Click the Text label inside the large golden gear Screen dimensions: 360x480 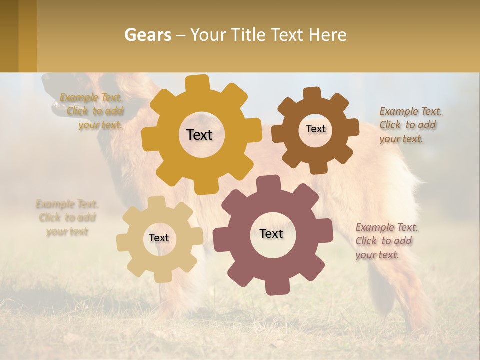[x=199, y=135]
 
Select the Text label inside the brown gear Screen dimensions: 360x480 [x=315, y=129]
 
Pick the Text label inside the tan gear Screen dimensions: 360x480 [x=159, y=238]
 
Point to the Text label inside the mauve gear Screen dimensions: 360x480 [x=271, y=233]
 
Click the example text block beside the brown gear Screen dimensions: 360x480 [x=410, y=125]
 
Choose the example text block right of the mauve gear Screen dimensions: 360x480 [x=386, y=241]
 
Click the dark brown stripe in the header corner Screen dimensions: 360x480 [x=9, y=36]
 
